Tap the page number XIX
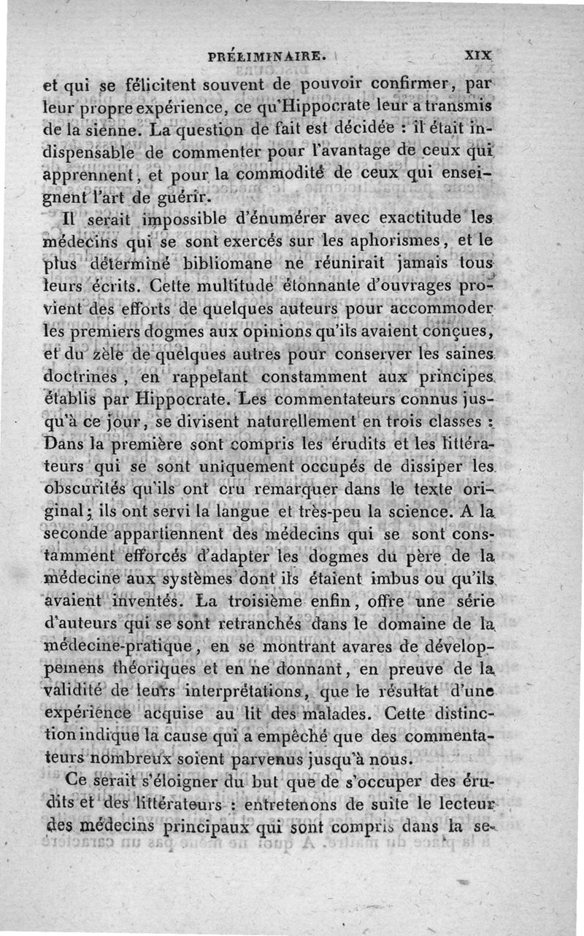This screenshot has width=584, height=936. click(x=477, y=54)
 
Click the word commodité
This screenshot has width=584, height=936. click(x=280, y=175)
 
